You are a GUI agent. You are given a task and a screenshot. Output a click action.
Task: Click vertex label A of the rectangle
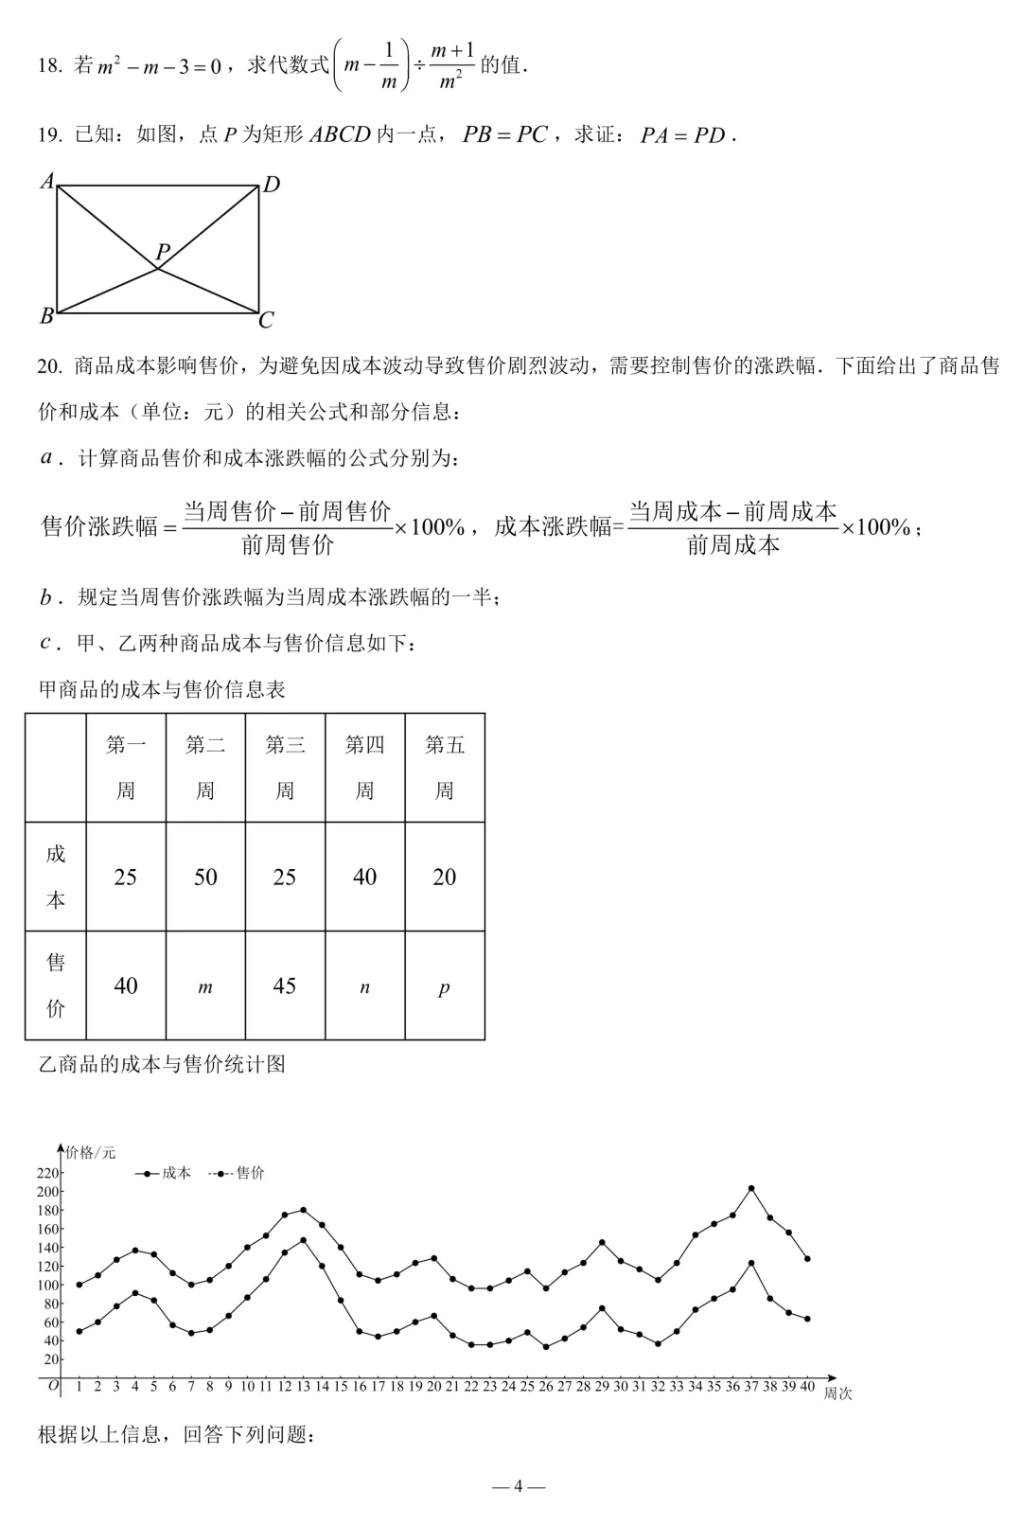(x=47, y=180)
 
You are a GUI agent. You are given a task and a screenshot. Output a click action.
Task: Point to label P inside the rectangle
(x=163, y=252)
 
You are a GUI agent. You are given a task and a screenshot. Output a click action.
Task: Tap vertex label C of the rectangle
(x=266, y=321)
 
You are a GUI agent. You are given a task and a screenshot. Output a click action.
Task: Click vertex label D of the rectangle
(x=271, y=185)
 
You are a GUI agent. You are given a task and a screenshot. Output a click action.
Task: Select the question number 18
(x=49, y=65)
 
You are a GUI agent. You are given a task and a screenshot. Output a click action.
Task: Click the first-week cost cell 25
(x=126, y=878)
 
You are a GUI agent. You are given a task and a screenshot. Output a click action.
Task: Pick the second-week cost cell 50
(x=205, y=878)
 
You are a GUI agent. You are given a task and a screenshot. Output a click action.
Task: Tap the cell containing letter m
(x=205, y=987)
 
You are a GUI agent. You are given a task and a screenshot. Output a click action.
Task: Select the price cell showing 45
(x=285, y=986)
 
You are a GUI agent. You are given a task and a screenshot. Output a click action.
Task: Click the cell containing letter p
(x=444, y=987)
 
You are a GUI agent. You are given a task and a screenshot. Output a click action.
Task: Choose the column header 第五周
(x=444, y=768)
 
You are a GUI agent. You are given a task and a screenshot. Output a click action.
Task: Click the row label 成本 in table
(x=56, y=877)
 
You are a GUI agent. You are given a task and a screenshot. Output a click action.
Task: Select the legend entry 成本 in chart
(x=176, y=1173)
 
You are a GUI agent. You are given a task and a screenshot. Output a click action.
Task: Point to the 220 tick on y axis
(x=48, y=1173)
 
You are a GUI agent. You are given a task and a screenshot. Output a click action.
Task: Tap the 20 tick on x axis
(x=433, y=1386)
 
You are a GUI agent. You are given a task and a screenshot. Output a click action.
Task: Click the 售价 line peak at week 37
(x=751, y=1188)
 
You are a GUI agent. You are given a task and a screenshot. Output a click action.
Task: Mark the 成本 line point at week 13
(x=303, y=1240)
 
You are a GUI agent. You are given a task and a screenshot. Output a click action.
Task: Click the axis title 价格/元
(x=91, y=1152)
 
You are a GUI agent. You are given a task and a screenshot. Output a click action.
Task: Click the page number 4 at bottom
(x=519, y=1486)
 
